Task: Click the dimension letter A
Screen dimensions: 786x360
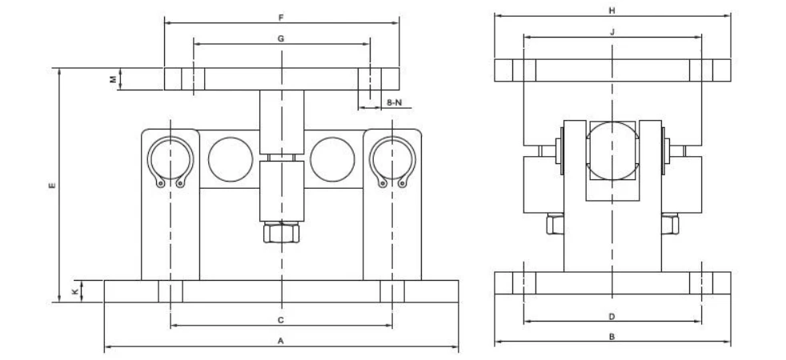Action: pos(281,341)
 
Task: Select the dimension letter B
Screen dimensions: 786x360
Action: pos(612,337)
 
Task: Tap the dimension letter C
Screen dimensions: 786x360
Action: pos(281,320)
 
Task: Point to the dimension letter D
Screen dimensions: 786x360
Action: pos(612,317)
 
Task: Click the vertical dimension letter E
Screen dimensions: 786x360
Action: pos(52,186)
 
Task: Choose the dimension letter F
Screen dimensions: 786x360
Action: pos(281,18)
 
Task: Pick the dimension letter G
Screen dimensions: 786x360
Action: pos(281,38)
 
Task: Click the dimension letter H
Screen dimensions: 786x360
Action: pos(612,10)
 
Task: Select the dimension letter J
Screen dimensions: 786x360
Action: pos(612,31)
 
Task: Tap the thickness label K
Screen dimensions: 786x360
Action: pos(75,291)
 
